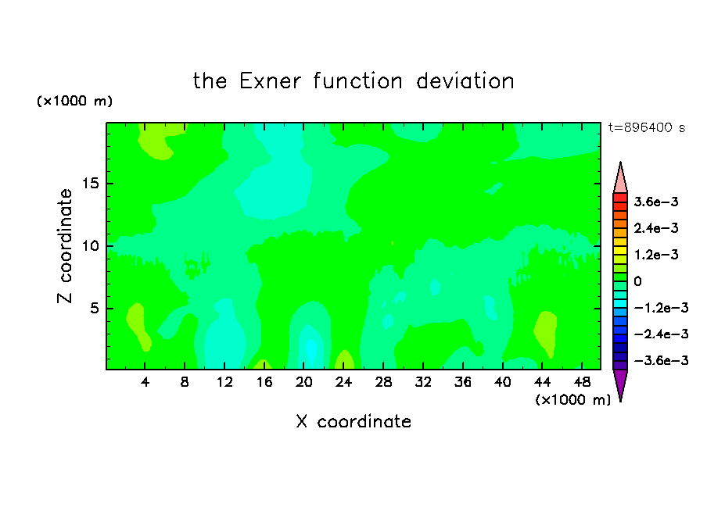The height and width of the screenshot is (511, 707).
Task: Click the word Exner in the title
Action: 270,81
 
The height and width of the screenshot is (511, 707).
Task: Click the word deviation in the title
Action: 465,81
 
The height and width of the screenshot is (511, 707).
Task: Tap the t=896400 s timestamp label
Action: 647,127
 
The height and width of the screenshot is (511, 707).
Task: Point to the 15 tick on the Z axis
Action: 90,184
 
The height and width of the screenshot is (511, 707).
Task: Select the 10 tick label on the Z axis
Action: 90,246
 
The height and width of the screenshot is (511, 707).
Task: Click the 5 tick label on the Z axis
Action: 94,308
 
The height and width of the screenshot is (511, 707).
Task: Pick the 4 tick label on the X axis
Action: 145,382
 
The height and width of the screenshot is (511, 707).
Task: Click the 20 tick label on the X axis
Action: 303,382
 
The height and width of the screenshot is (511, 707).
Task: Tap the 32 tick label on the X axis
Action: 423,382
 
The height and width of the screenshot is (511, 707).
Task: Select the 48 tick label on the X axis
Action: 582,382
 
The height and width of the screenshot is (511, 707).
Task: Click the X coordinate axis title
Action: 353,421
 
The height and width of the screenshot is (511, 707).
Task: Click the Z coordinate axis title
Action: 64,246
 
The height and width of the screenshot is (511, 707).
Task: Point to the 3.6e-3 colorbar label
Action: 656,202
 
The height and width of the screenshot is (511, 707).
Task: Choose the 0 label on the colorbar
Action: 637,281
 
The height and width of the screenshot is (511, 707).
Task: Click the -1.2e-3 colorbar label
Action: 661,308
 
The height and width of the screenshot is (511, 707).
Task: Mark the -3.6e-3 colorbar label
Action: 661,360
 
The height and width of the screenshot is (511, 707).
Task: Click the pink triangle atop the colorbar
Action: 620,180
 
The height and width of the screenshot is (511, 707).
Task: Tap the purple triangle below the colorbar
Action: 620,383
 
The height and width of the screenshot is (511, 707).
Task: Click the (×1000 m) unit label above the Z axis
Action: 74,101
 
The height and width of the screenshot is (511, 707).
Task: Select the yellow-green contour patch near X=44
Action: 546,333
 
